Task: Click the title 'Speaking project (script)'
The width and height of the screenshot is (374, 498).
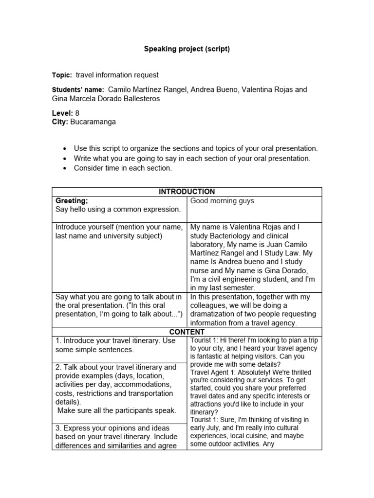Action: pyautogui.click(x=187, y=49)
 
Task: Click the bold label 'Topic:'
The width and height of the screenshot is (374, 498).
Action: pyautogui.click(x=62, y=75)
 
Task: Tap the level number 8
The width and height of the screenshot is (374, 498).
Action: pyautogui.click(x=77, y=113)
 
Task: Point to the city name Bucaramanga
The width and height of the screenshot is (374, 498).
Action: pyautogui.click(x=93, y=122)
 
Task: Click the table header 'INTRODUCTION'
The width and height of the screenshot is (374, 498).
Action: pyautogui.click(x=187, y=192)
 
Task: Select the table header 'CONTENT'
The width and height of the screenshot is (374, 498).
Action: pyautogui.click(x=187, y=332)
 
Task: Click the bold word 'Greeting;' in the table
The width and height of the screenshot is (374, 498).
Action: pyautogui.click(x=72, y=200)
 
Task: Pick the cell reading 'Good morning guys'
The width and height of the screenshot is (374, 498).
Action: pyautogui.click(x=222, y=201)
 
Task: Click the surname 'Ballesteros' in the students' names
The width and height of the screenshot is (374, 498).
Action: pyautogui.click(x=139, y=99)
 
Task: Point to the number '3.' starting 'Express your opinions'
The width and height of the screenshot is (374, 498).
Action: pyautogui.click(x=58, y=428)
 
